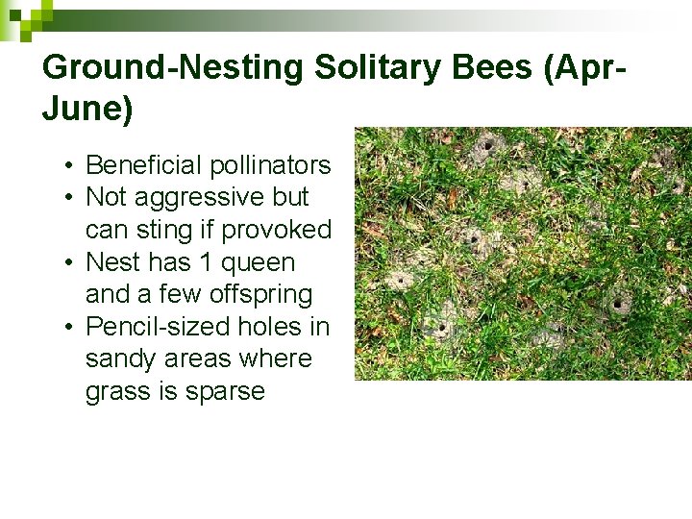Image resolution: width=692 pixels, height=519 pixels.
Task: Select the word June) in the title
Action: (87, 110)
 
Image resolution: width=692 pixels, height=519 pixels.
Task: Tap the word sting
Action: (179, 230)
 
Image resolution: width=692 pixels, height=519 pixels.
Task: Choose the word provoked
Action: (277, 230)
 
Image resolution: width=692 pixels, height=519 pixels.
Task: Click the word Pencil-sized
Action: (169, 327)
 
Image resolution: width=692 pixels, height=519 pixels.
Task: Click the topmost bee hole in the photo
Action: (487, 146)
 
